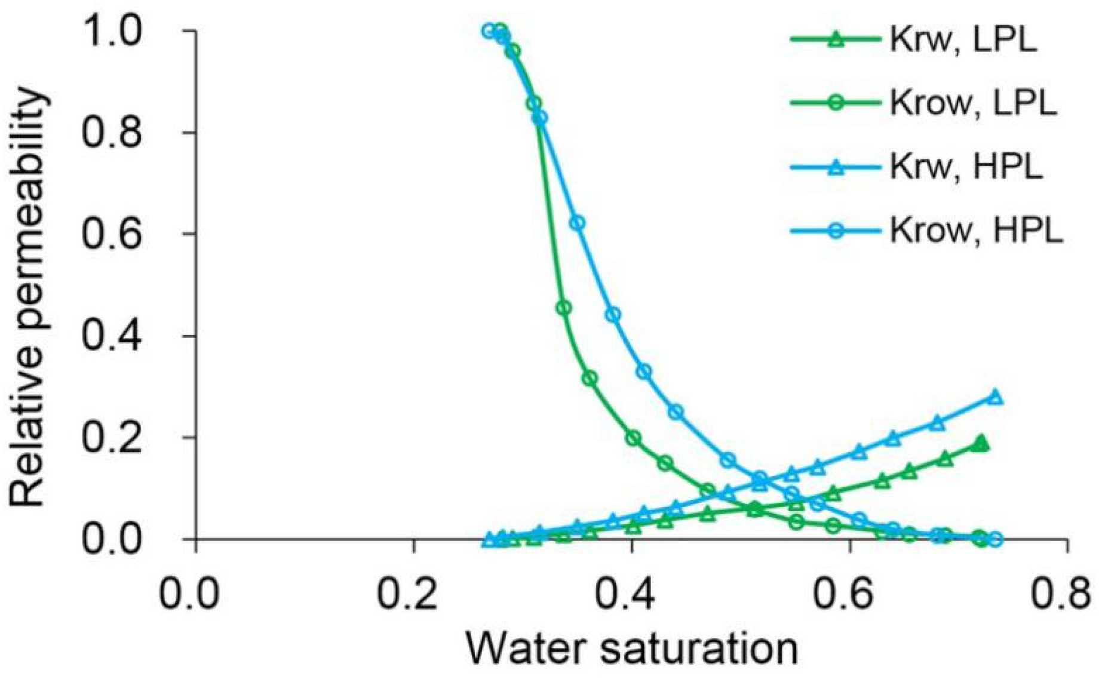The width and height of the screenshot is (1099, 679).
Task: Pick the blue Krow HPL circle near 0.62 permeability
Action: click(x=577, y=223)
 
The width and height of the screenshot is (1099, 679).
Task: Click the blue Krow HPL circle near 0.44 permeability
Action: click(x=613, y=315)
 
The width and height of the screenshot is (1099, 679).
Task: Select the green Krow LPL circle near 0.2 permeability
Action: click(x=633, y=438)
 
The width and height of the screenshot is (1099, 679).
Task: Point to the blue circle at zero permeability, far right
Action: click(x=995, y=539)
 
